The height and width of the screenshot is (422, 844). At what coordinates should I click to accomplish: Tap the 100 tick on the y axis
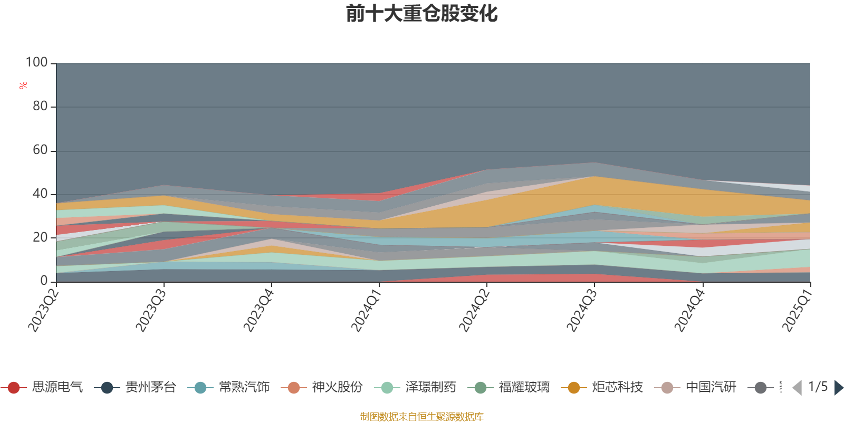[x=37, y=63]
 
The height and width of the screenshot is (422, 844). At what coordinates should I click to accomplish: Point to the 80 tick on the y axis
[x=40, y=107]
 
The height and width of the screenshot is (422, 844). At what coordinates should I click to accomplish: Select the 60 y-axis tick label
[x=40, y=150]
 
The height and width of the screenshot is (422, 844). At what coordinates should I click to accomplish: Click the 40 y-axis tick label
[x=40, y=194]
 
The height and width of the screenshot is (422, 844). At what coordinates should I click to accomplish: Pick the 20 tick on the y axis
[x=40, y=237]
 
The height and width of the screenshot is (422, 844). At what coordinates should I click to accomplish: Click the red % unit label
[x=23, y=85]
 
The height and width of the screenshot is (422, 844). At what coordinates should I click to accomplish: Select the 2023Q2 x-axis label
[x=43, y=308]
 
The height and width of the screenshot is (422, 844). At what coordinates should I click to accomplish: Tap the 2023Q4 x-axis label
[x=258, y=308]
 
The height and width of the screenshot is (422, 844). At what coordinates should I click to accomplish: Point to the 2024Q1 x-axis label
[x=366, y=308]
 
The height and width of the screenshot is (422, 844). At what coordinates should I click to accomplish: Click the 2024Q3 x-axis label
[x=582, y=308]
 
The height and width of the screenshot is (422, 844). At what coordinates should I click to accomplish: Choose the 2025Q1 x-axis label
[x=797, y=308]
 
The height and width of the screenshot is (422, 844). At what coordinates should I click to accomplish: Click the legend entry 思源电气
[x=57, y=388]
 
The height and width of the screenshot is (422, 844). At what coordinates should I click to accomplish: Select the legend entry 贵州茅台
[x=150, y=388]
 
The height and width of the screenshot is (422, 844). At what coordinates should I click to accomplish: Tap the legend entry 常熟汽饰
[x=244, y=388]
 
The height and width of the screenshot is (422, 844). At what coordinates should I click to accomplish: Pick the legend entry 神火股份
[x=337, y=388]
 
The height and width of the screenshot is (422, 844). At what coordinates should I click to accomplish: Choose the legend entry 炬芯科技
[x=617, y=388]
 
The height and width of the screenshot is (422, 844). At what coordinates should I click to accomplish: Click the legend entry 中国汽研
[x=711, y=388]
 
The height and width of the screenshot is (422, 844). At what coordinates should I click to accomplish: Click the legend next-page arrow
[x=838, y=388]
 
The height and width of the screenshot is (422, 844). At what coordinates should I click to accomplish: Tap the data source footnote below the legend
[x=422, y=417]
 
